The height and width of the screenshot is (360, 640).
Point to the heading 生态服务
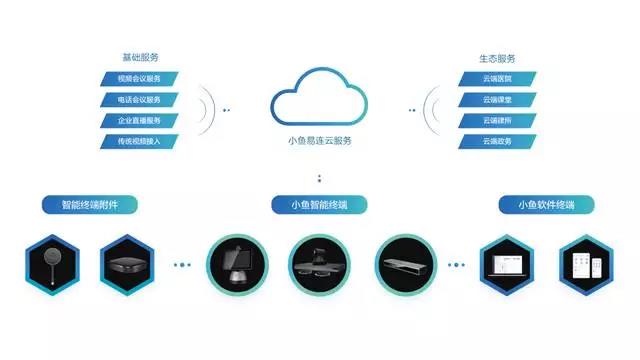(497, 58)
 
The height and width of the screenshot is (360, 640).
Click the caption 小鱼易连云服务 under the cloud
(319, 141)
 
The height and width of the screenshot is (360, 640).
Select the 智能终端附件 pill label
(89, 205)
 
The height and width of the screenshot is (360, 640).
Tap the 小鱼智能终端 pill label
(319, 205)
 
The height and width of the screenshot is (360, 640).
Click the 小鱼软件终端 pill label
(546, 205)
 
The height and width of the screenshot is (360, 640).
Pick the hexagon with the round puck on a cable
(51, 265)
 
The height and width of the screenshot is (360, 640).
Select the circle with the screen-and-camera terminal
(237, 265)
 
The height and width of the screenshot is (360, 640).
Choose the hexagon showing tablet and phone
(585, 265)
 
